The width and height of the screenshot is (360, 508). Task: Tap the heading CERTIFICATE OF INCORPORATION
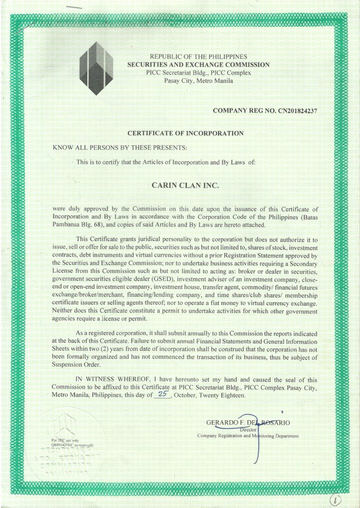click(x=185, y=133)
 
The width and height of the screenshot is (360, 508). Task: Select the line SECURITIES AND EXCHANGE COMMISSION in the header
click(x=199, y=64)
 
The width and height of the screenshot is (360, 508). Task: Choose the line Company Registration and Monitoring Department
click(x=248, y=436)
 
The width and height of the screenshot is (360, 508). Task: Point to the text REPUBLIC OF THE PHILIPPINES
click(x=199, y=57)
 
